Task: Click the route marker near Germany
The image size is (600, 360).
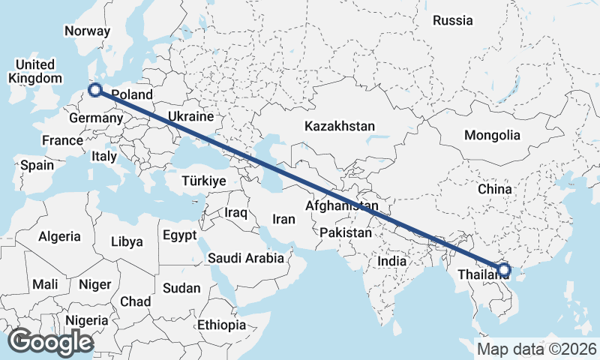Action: click(x=95, y=90)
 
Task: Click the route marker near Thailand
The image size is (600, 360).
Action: click(x=503, y=270)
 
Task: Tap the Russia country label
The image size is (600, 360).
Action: click(x=453, y=20)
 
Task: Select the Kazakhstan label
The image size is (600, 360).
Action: click(x=340, y=127)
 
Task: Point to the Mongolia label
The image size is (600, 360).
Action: click(x=492, y=136)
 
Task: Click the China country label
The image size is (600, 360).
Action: click(x=494, y=189)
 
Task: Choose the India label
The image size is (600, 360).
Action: click(x=391, y=261)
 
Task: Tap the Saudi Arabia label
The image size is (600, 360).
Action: click(x=246, y=258)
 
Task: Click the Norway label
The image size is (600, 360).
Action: click(x=88, y=31)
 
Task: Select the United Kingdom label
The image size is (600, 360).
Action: click(x=34, y=71)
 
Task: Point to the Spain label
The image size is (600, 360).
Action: click(x=37, y=165)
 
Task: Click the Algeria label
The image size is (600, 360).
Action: click(x=59, y=236)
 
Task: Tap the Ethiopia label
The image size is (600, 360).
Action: click(x=221, y=325)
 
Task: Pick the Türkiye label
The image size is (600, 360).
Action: click(x=204, y=181)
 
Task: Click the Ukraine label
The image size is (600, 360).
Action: click(x=190, y=117)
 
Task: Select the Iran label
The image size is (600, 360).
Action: click(x=283, y=219)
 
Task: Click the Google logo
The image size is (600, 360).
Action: click(x=50, y=342)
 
